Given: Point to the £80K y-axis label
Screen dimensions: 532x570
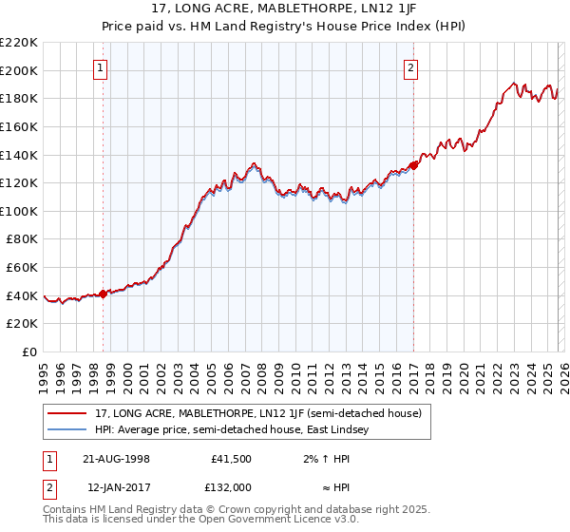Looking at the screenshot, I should click(22, 239).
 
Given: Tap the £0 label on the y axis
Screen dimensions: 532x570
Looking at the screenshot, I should click(30, 352).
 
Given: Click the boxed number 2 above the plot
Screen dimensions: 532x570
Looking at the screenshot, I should click(411, 67).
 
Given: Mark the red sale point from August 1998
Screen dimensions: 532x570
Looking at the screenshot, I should click(104, 294).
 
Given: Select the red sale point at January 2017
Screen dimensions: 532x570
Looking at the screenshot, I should click(413, 163).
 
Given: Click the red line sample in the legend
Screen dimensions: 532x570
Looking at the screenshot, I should click(67, 412).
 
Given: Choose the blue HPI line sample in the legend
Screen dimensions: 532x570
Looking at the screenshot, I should click(67, 429).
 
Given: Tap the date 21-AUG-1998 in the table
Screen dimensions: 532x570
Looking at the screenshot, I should click(116, 459).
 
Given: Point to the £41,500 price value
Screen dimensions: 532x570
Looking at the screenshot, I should click(230, 459).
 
